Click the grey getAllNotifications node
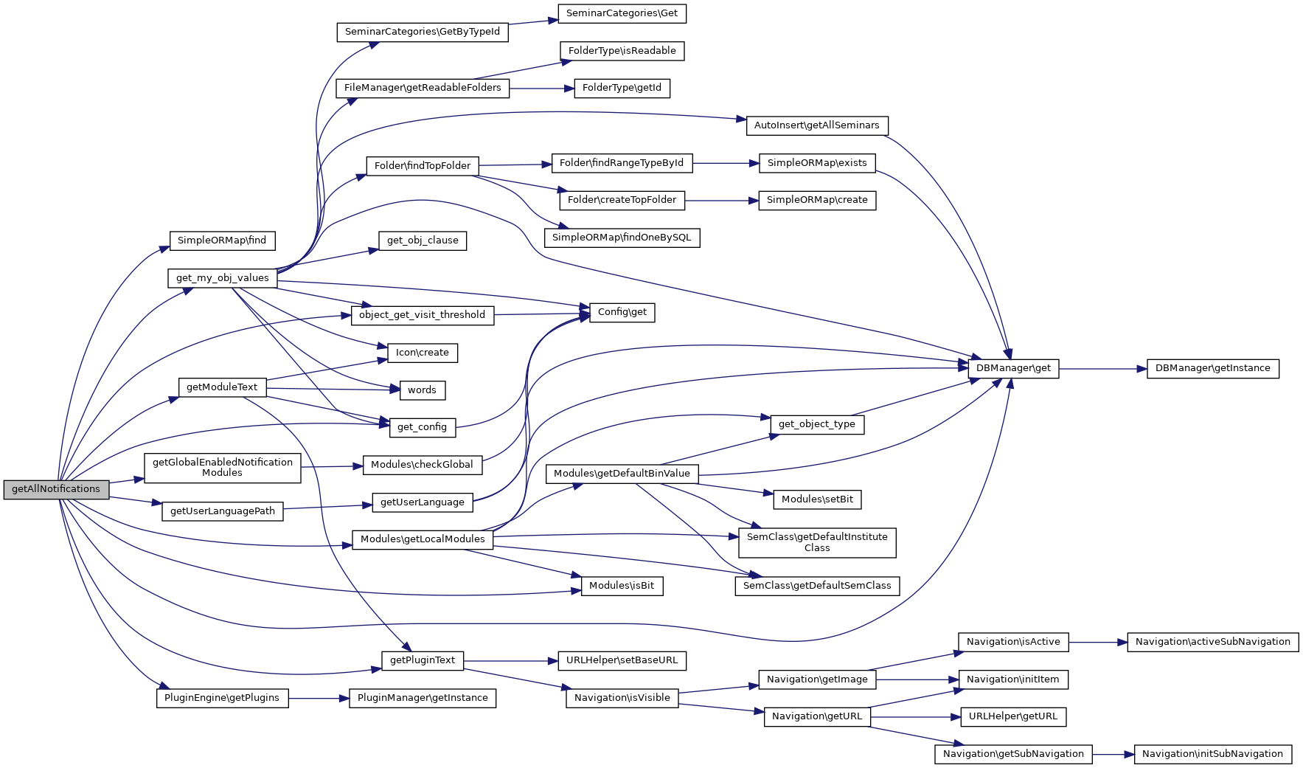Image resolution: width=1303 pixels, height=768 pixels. tap(56, 489)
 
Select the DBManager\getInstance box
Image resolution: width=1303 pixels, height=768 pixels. tap(1212, 369)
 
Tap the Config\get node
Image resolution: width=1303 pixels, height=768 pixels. tap(622, 313)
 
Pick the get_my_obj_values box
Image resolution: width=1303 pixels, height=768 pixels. tap(223, 278)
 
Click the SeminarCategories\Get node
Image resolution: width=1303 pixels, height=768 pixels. tap(622, 13)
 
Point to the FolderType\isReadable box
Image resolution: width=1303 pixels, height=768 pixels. tap(622, 51)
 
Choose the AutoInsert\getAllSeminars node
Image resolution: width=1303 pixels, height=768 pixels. tap(817, 125)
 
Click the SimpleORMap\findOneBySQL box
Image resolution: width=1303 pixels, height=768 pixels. tap(622, 238)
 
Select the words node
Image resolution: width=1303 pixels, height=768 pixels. tap(423, 390)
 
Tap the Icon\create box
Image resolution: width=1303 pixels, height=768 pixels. tap(423, 353)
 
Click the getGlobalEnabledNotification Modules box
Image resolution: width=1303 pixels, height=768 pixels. tap(223, 468)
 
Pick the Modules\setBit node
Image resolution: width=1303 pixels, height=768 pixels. tap(817, 499)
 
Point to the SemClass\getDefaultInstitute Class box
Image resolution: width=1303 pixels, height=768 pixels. tap(817, 542)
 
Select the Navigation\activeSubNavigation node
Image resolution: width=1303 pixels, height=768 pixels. tap(1212, 642)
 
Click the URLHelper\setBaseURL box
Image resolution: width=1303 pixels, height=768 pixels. tap(622, 660)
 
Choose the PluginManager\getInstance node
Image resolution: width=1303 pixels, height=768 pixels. tap(423, 698)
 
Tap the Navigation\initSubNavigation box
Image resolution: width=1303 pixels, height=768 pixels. tap(1212, 754)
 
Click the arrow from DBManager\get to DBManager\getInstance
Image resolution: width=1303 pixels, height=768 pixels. tap(1103, 369)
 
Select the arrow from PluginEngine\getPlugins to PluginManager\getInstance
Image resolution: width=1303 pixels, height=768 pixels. tap(319, 698)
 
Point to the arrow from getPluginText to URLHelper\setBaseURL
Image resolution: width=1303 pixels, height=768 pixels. tap(511, 660)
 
